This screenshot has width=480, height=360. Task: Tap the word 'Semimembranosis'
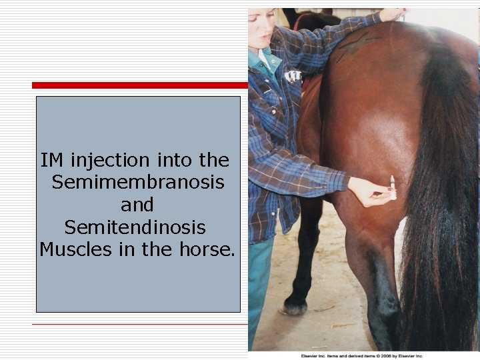[x=137, y=182]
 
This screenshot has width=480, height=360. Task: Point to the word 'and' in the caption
[x=137, y=205]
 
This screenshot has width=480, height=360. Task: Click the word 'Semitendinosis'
[x=135, y=227]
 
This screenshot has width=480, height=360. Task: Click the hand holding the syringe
[x=369, y=192]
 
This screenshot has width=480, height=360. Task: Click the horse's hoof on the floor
[x=293, y=308]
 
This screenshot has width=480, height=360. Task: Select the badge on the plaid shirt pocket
[x=293, y=76]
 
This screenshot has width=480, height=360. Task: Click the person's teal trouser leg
[x=260, y=287]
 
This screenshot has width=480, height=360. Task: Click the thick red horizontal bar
[x=140, y=85]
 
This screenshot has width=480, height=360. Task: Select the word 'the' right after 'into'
[x=213, y=161]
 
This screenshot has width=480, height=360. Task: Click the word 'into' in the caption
[x=173, y=161]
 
